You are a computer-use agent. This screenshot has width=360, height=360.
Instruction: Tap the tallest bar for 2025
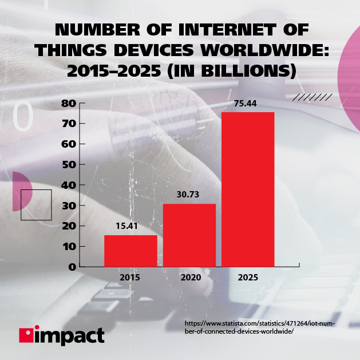[248, 189]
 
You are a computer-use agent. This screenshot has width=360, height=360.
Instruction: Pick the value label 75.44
[248, 104]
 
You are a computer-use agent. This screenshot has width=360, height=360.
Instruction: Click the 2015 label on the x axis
[130, 277]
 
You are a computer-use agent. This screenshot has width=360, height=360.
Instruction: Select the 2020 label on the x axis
[189, 277]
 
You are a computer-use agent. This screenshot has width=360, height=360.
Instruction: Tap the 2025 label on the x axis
[248, 277]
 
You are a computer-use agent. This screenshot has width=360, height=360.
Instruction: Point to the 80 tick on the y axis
[69, 104]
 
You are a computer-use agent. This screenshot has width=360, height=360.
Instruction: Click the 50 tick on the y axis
[69, 165]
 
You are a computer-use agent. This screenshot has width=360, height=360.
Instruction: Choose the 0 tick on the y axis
[72, 267]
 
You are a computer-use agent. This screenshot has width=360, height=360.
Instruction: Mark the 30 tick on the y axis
[69, 205]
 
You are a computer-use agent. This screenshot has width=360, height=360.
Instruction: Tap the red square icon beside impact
[26, 335]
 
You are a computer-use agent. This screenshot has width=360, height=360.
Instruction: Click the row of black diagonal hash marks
[312, 98]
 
